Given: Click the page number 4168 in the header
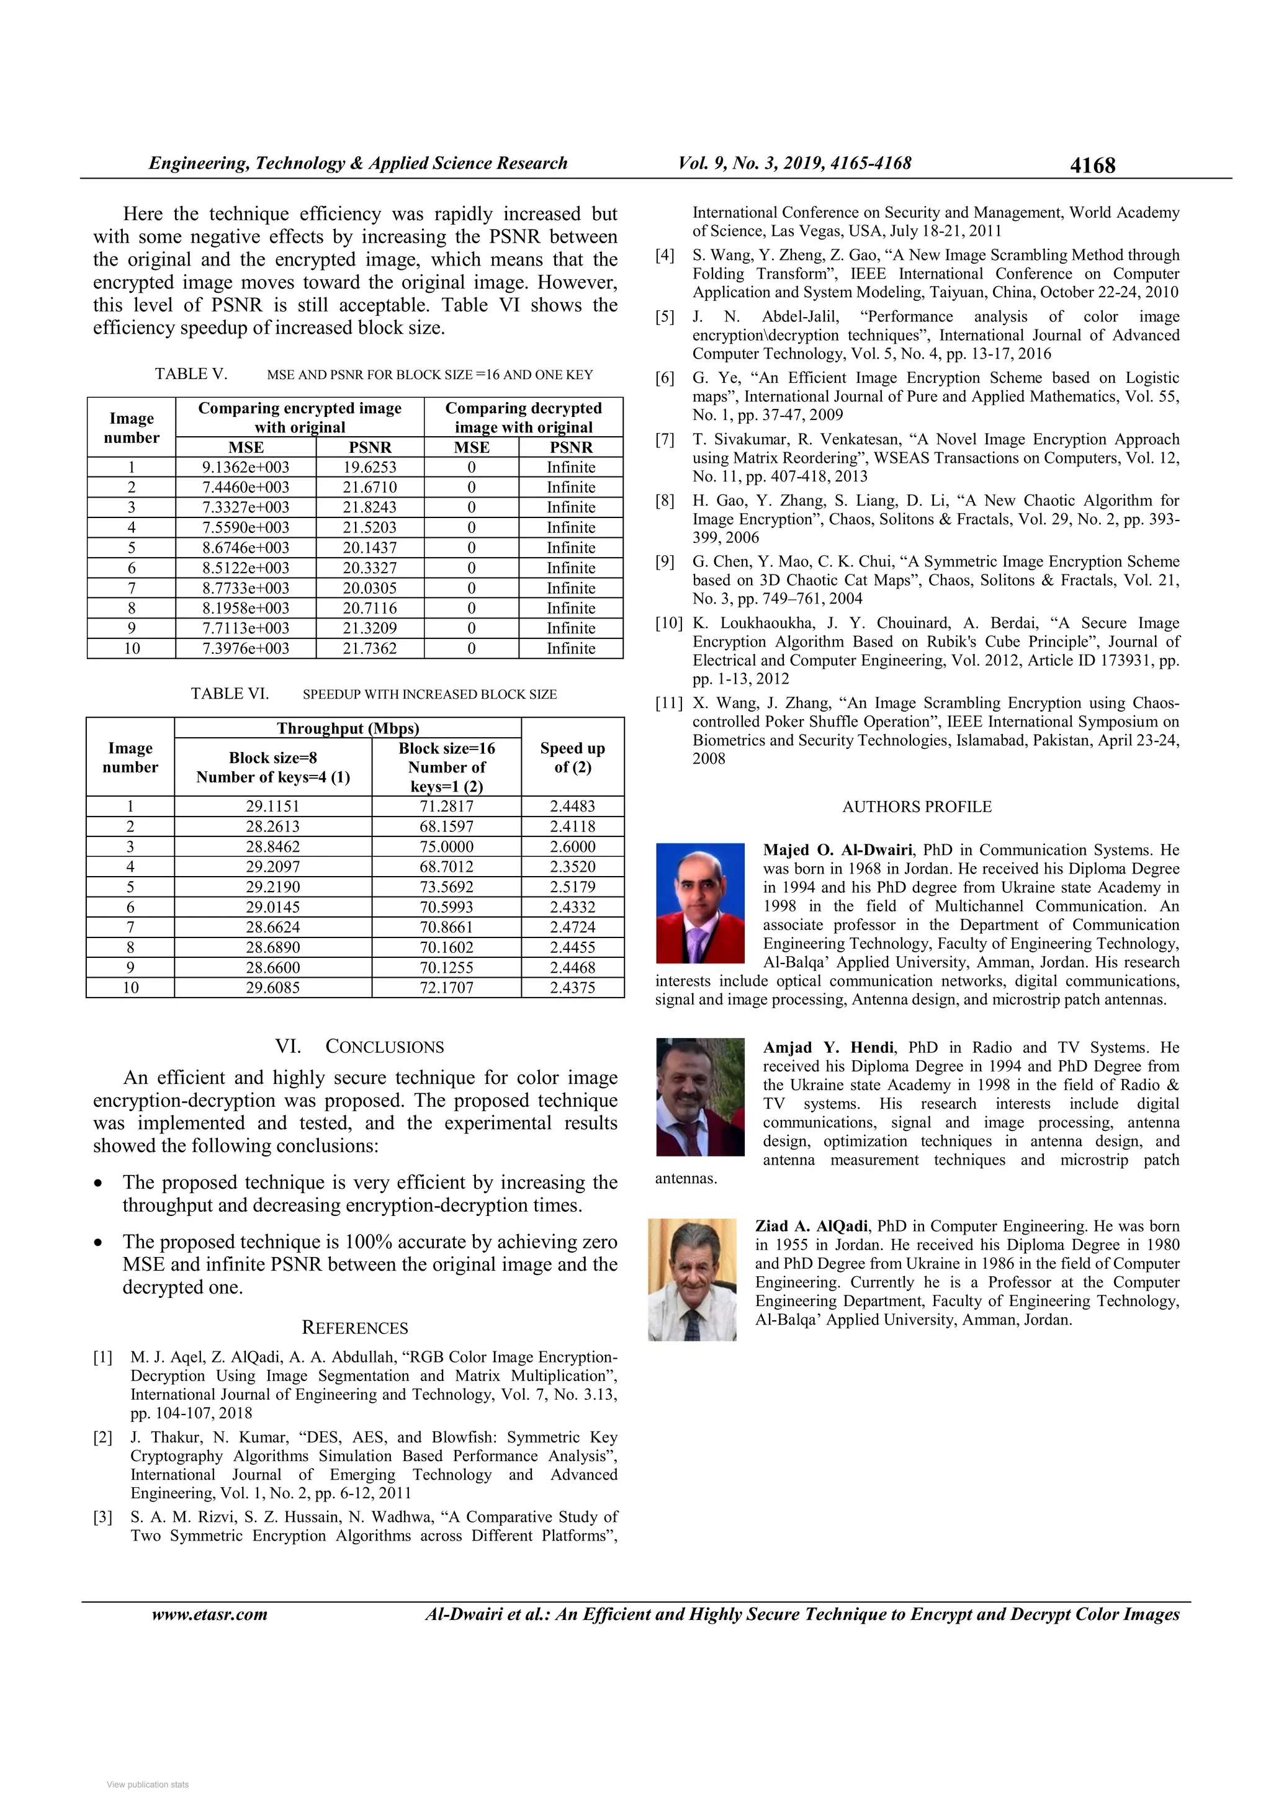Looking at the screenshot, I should (x=1092, y=165).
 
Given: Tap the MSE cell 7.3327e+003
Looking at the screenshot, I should (x=245, y=508).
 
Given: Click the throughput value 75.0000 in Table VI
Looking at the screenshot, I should (x=446, y=846).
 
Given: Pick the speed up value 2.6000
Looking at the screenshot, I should (x=572, y=846).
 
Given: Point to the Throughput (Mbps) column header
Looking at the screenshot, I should (x=348, y=728).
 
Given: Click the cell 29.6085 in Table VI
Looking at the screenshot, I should (x=272, y=988).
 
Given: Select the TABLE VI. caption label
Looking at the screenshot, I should (x=230, y=694).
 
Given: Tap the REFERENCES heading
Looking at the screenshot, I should (x=355, y=1328).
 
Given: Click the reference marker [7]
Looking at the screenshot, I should (x=665, y=439).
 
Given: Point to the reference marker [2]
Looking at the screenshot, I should (x=102, y=1437).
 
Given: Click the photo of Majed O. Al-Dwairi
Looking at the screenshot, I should (x=699, y=903).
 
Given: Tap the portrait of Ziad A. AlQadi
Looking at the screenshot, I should (x=692, y=1279).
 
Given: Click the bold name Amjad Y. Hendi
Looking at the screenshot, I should (x=829, y=1048).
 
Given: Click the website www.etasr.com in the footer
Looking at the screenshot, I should (x=209, y=1614).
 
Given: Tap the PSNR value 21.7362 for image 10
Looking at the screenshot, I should (x=370, y=648).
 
